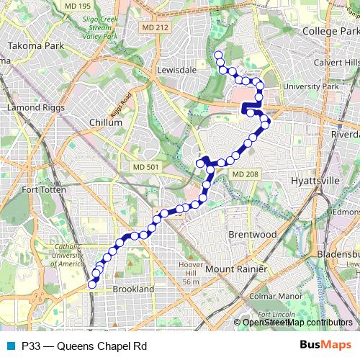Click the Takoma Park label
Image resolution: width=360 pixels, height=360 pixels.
coord(32,45)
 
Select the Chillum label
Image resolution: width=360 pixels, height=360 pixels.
coord(105,122)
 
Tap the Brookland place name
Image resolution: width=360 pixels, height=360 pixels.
coord(134,289)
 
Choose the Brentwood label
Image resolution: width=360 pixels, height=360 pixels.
coord(252,235)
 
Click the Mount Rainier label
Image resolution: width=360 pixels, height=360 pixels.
coord(236,269)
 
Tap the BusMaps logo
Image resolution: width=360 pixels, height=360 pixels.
coord(326,346)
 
